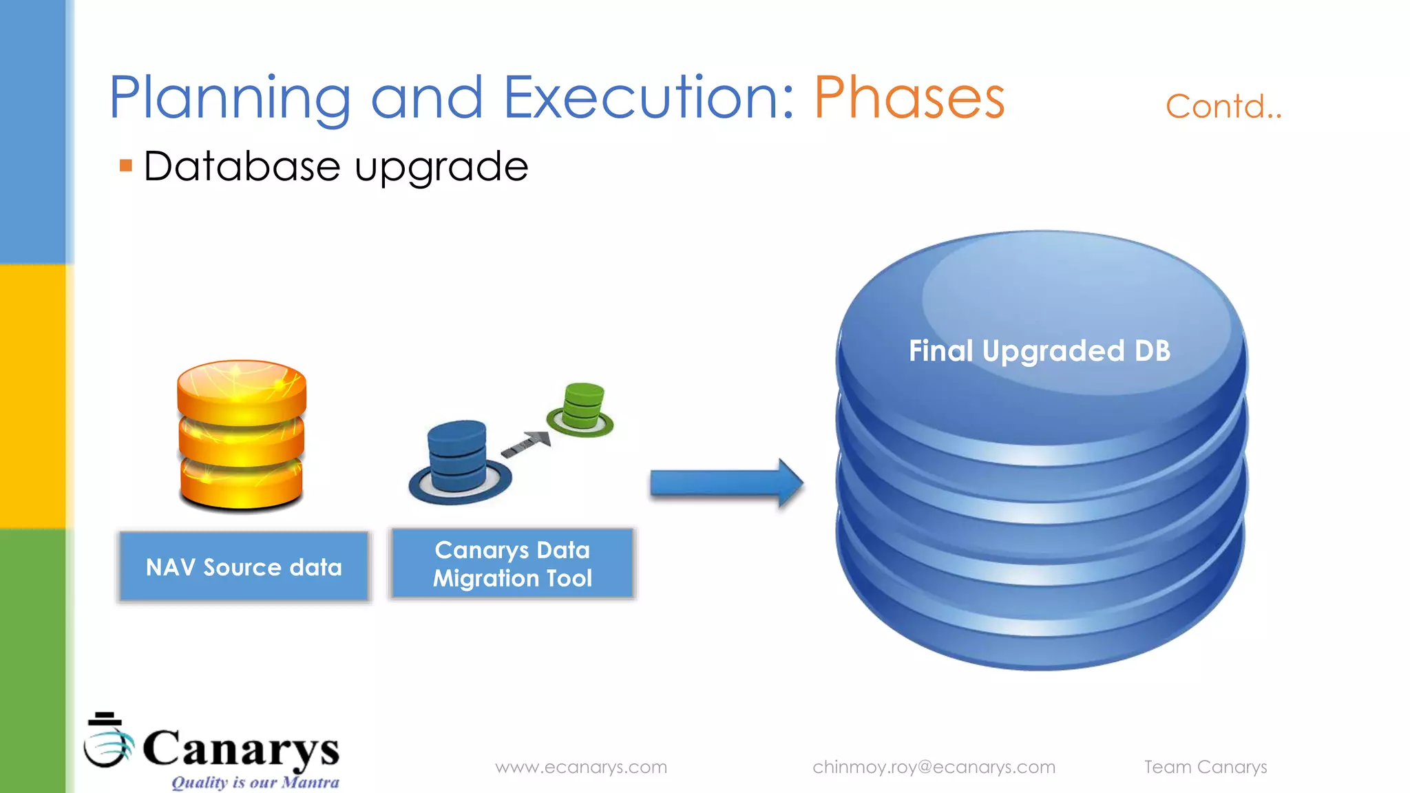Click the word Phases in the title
point(909,98)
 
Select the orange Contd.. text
point(1223,107)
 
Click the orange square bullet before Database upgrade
point(125,165)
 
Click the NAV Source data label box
point(244,567)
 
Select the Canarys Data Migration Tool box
point(512,564)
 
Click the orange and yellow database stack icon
point(241,435)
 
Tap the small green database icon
point(582,410)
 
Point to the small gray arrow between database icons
point(527,444)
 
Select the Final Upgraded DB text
point(1039,351)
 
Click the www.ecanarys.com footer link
point(581,767)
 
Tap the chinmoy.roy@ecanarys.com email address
point(934,767)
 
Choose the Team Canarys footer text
point(1206,767)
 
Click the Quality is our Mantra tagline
point(255,783)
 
